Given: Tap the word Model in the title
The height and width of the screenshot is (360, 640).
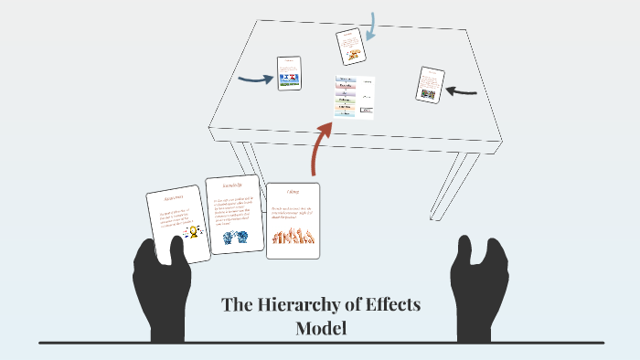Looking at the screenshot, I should tap(321, 328).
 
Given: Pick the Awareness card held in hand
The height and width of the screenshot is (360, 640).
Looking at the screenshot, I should tap(178, 225).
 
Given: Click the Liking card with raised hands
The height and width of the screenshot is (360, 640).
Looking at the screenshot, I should tap(293, 220).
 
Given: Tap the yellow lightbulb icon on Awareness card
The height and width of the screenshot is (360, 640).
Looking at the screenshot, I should tap(193, 232).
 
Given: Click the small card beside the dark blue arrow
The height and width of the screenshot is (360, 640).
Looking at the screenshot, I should tap(290, 73).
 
